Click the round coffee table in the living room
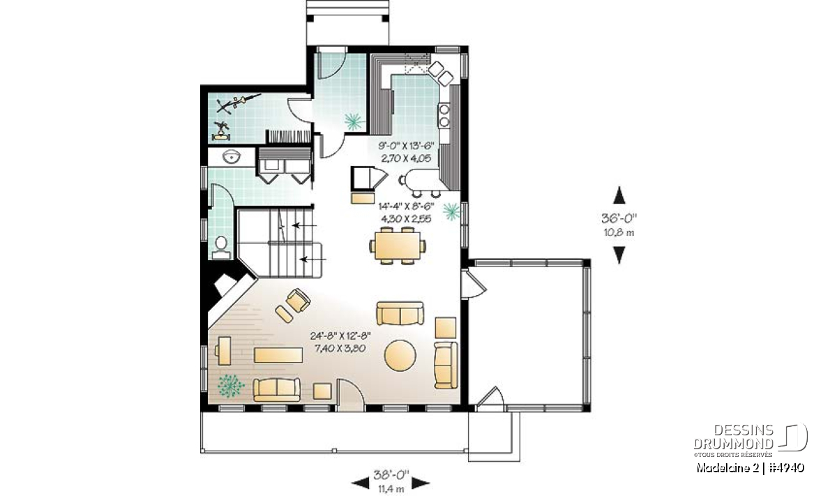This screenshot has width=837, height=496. pos(400,355)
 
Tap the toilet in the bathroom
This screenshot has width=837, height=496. pos(221,248)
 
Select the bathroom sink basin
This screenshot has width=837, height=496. pos(232,157)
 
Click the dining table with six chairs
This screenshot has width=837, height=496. pos(398,246)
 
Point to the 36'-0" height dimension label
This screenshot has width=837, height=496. pos(619,218)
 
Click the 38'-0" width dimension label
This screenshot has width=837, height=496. pos(391,474)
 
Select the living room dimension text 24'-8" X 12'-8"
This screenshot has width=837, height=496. pos(340,336)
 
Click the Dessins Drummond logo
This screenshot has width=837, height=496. pos(751,440)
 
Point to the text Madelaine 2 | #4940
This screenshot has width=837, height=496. pos(751,467)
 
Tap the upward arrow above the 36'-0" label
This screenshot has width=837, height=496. pos(619,195)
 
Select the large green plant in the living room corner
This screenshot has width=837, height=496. pos(230,385)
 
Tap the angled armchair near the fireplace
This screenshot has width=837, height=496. pos(299,301)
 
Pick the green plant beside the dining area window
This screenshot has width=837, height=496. pos(452,211)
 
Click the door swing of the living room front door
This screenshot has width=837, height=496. pos(351,395)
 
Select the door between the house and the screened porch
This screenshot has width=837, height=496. pos(474,284)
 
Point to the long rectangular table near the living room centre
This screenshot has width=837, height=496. pos(278,355)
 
